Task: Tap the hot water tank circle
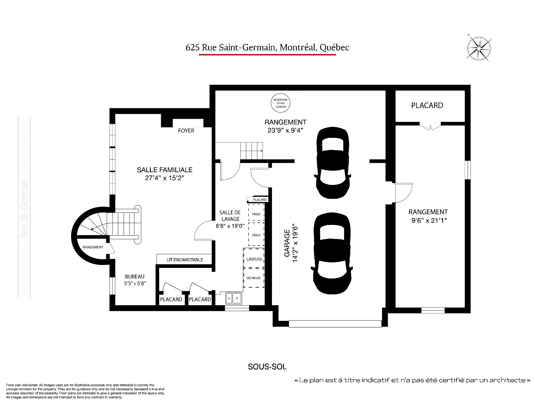(x=281, y=103)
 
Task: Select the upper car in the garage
(x=332, y=163)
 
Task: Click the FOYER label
(x=186, y=131)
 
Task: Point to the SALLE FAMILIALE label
(x=165, y=170)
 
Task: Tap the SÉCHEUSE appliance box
(x=254, y=278)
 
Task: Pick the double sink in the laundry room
(x=234, y=298)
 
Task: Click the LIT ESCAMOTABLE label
(x=185, y=260)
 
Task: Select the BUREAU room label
(x=135, y=277)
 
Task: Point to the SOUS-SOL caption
(x=267, y=367)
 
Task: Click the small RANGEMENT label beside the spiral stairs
(x=93, y=247)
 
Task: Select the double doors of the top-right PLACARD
(x=431, y=126)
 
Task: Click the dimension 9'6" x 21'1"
(x=429, y=221)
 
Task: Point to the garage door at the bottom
(x=335, y=324)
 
